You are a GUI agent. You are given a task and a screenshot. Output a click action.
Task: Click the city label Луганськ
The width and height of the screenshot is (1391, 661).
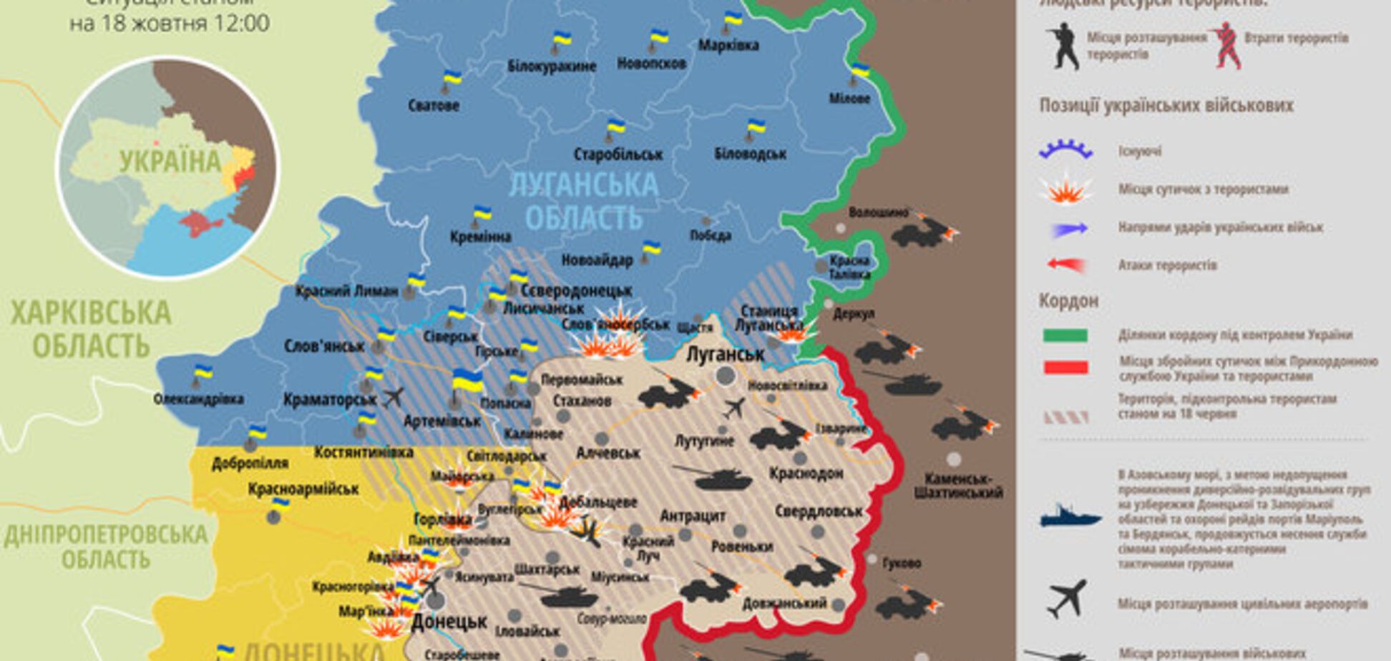[725, 354]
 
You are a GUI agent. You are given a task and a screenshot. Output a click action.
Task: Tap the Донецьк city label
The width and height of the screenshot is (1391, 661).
[449, 621]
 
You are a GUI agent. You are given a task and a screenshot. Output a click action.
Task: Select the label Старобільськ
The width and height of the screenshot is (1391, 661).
[618, 154]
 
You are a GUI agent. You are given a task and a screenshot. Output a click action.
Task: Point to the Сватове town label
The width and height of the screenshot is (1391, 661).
[434, 105]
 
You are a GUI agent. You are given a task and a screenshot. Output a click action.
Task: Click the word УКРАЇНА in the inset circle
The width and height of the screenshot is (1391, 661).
[170, 162]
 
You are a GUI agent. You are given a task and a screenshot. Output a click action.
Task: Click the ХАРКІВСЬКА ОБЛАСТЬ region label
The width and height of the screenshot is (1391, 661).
[91, 329]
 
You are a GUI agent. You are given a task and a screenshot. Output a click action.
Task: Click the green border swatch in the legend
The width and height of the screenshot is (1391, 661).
[1065, 336]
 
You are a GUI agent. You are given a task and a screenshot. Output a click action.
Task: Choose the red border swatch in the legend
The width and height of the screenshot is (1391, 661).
[1065, 368]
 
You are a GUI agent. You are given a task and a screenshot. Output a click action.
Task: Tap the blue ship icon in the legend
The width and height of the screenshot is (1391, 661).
[1070, 516]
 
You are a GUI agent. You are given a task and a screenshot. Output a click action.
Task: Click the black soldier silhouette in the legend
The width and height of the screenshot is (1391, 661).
[1063, 46]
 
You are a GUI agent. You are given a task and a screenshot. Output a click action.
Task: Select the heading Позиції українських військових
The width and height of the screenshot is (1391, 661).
[1166, 106]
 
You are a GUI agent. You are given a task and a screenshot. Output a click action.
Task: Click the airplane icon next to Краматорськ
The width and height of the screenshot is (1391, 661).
[393, 396]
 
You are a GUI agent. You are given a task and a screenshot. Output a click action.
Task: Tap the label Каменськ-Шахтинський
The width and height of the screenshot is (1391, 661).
[958, 485]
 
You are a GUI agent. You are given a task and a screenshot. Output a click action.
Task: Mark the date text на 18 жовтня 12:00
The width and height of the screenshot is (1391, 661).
[170, 23]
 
